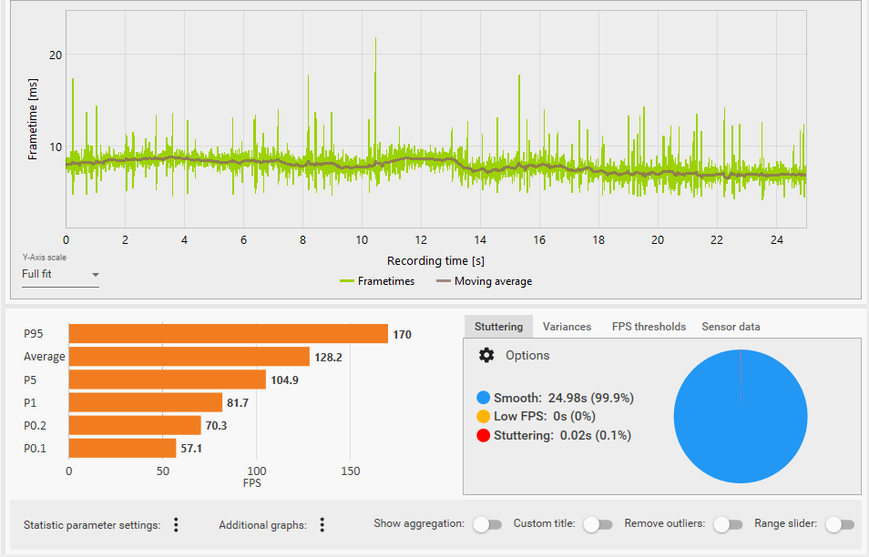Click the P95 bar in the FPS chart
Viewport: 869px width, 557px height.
(x=228, y=334)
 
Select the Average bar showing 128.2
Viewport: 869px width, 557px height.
(x=189, y=357)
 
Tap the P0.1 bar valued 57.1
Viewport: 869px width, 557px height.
(x=122, y=448)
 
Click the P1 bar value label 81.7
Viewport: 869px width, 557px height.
(x=239, y=402)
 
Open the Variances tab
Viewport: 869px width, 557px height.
(x=567, y=327)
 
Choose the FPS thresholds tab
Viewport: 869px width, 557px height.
(x=649, y=327)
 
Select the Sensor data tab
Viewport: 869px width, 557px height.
(x=731, y=327)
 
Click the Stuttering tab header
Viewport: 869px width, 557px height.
(x=498, y=327)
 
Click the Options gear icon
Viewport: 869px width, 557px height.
(x=486, y=355)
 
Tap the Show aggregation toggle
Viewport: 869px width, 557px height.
(x=487, y=524)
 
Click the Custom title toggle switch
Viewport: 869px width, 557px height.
(x=597, y=524)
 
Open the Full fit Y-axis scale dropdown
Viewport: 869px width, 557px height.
(x=60, y=274)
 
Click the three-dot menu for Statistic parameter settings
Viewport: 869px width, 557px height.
(x=176, y=524)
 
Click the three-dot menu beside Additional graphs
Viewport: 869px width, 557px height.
(x=322, y=524)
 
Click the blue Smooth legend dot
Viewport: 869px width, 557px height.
(x=483, y=398)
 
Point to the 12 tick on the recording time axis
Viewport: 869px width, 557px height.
(x=421, y=240)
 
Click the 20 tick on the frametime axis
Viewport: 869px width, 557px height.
(x=56, y=55)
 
